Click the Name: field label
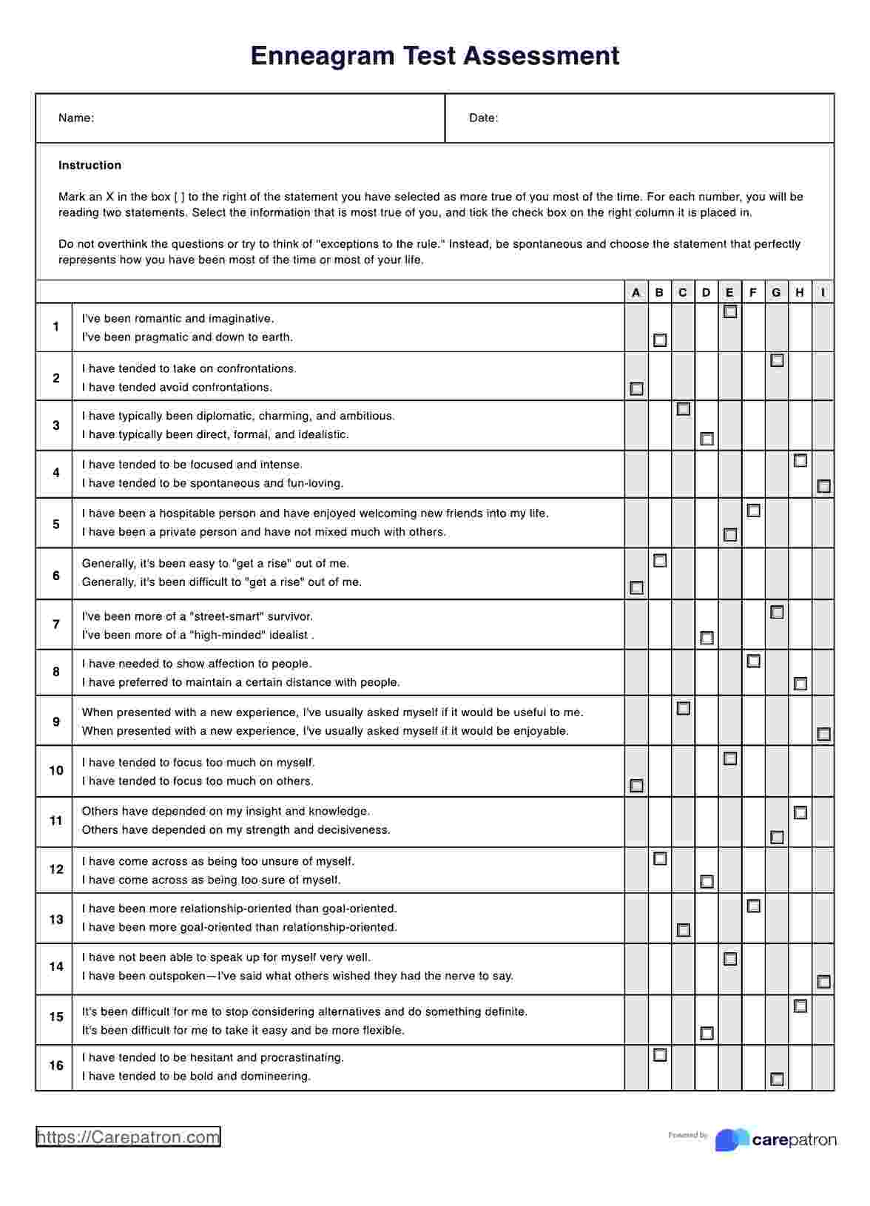[75, 118]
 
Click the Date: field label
[483, 118]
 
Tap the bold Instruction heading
[90, 166]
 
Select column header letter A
[636, 293]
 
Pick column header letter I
[823, 293]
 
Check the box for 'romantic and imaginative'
[730, 312]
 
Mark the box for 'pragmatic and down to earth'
[660, 340]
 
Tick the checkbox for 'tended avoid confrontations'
[636, 388]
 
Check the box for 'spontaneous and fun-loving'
[823, 486]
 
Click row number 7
[56, 624]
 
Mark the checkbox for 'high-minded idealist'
[707, 638]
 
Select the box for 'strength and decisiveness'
[777, 837]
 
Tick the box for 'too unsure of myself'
[660, 859]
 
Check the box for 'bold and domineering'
[777, 1079]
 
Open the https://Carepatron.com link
[128, 1137]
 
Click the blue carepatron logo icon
[731, 1139]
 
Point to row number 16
[56, 1066]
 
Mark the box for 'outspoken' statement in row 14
[823, 982]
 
